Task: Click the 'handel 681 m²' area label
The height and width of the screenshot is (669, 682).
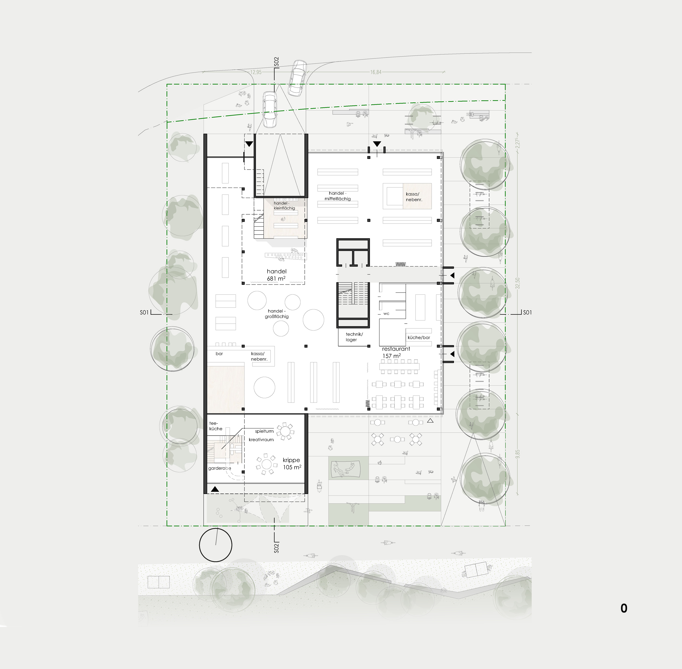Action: pyautogui.click(x=277, y=275)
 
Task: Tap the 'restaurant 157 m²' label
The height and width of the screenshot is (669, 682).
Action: pyautogui.click(x=396, y=353)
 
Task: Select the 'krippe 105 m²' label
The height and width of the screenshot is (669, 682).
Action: pyautogui.click(x=292, y=463)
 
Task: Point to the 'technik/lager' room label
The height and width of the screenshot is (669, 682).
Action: pyautogui.click(x=354, y=337)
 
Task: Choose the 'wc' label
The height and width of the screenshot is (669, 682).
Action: pyautogui.click(x=386, y=313)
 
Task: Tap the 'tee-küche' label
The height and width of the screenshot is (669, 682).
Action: pyautogui.click(x=216, y=426)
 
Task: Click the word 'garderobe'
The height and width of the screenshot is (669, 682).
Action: pyautogui.click(x=219, y=468)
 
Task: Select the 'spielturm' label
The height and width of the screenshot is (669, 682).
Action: pyautogui.click(x=264, y=431)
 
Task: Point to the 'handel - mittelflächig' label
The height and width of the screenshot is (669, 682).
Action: pyautogui.click(x=338, y=196)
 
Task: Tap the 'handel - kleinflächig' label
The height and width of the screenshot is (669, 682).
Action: pyautogui.click(x=284, y=206)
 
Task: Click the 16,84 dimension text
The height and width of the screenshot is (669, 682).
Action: pyautogui.click(x=376, y=72)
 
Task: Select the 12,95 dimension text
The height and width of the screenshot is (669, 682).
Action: pyautogui.click(x=256, y=72)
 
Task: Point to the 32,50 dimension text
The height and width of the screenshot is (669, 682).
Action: pyautogui.click(x=518, y=283)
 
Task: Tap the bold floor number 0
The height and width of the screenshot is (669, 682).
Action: pyautogui.click(x=624, y=608)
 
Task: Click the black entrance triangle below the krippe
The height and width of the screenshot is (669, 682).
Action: pyautogui.click(x=215, y=489)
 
